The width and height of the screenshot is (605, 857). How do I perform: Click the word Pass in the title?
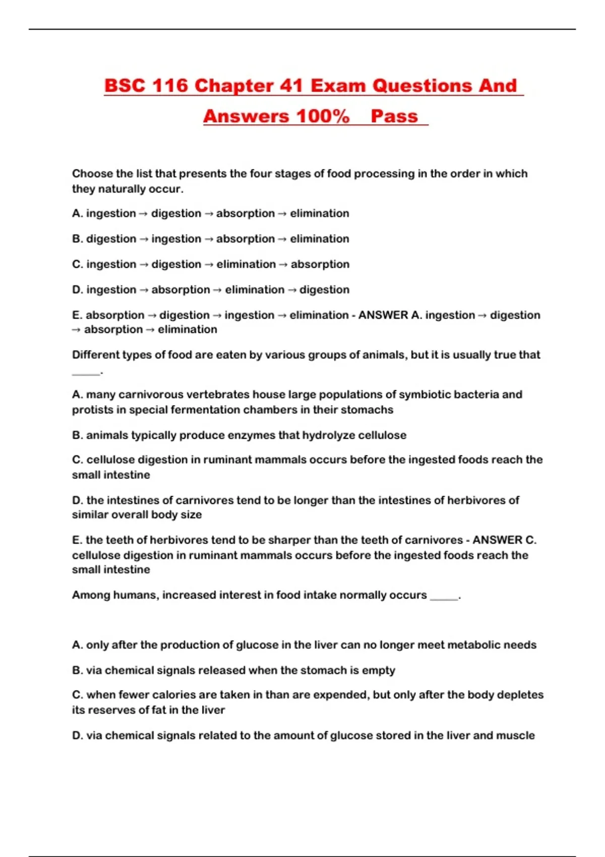click(x=394, y=116)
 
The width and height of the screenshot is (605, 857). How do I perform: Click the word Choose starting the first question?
click(x=92, y=173)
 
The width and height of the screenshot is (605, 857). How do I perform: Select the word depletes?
click(x=520, y=695)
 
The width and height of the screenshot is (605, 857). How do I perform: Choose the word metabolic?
click(x=470, y=645)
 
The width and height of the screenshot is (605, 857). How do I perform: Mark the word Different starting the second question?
click(x=95, y=355)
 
